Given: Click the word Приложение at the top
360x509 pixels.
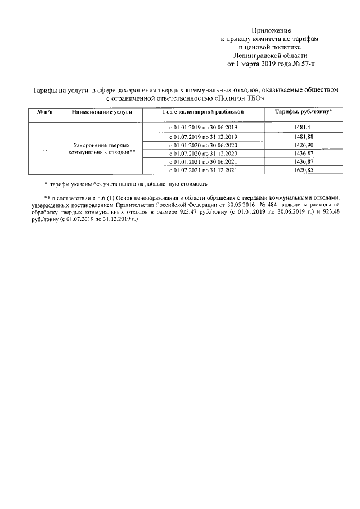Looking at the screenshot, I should [271, 29].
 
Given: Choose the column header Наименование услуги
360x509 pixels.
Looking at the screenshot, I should [102, 113].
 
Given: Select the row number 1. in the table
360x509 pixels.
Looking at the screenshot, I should [44, 149].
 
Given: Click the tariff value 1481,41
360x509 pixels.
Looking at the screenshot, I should [303, 128].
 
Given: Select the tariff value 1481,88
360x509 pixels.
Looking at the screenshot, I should [303, 137].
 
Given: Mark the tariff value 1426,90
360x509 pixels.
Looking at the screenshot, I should [303, 145].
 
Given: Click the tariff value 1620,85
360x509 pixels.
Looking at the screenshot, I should [303, 170].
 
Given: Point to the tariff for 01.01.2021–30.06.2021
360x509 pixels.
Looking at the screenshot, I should [303, 162].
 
